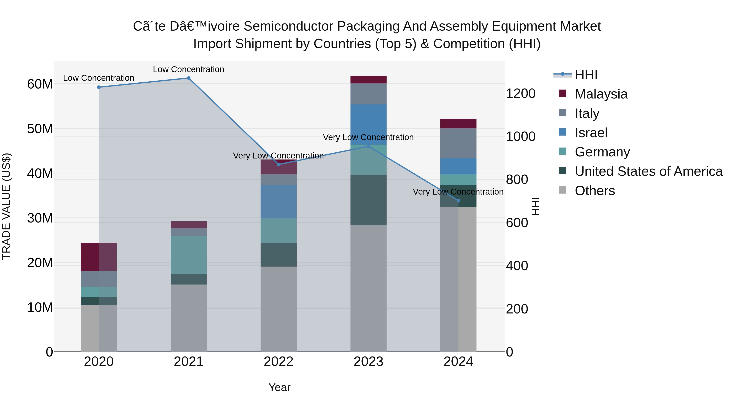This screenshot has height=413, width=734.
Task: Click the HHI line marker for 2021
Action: click(189, 78)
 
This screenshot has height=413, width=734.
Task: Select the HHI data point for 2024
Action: click(458, 201)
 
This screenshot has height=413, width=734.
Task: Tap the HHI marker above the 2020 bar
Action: click(99, 87)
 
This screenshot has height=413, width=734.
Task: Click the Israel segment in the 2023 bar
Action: click(368, 125)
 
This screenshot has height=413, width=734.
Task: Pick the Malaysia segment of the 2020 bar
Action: click(99, 257)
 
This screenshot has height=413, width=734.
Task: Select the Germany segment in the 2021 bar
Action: click(189, 255)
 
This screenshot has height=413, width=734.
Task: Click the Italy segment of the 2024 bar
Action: click(458, 143)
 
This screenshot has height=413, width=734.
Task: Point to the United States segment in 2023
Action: click(368, 200)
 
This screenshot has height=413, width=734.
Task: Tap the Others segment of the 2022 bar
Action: click(278, 309)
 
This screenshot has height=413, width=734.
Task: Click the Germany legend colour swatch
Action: click(563, 151)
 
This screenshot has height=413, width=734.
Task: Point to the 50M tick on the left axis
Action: click(40, 129)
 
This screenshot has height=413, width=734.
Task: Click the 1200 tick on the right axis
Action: click(521, 93)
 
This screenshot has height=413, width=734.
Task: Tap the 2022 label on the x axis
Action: click(278, 362)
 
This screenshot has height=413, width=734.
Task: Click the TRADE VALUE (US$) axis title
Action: click(6, 206)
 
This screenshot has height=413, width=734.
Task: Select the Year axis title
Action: click(279, 387)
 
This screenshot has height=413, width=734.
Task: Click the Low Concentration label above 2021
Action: click(188, 69)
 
